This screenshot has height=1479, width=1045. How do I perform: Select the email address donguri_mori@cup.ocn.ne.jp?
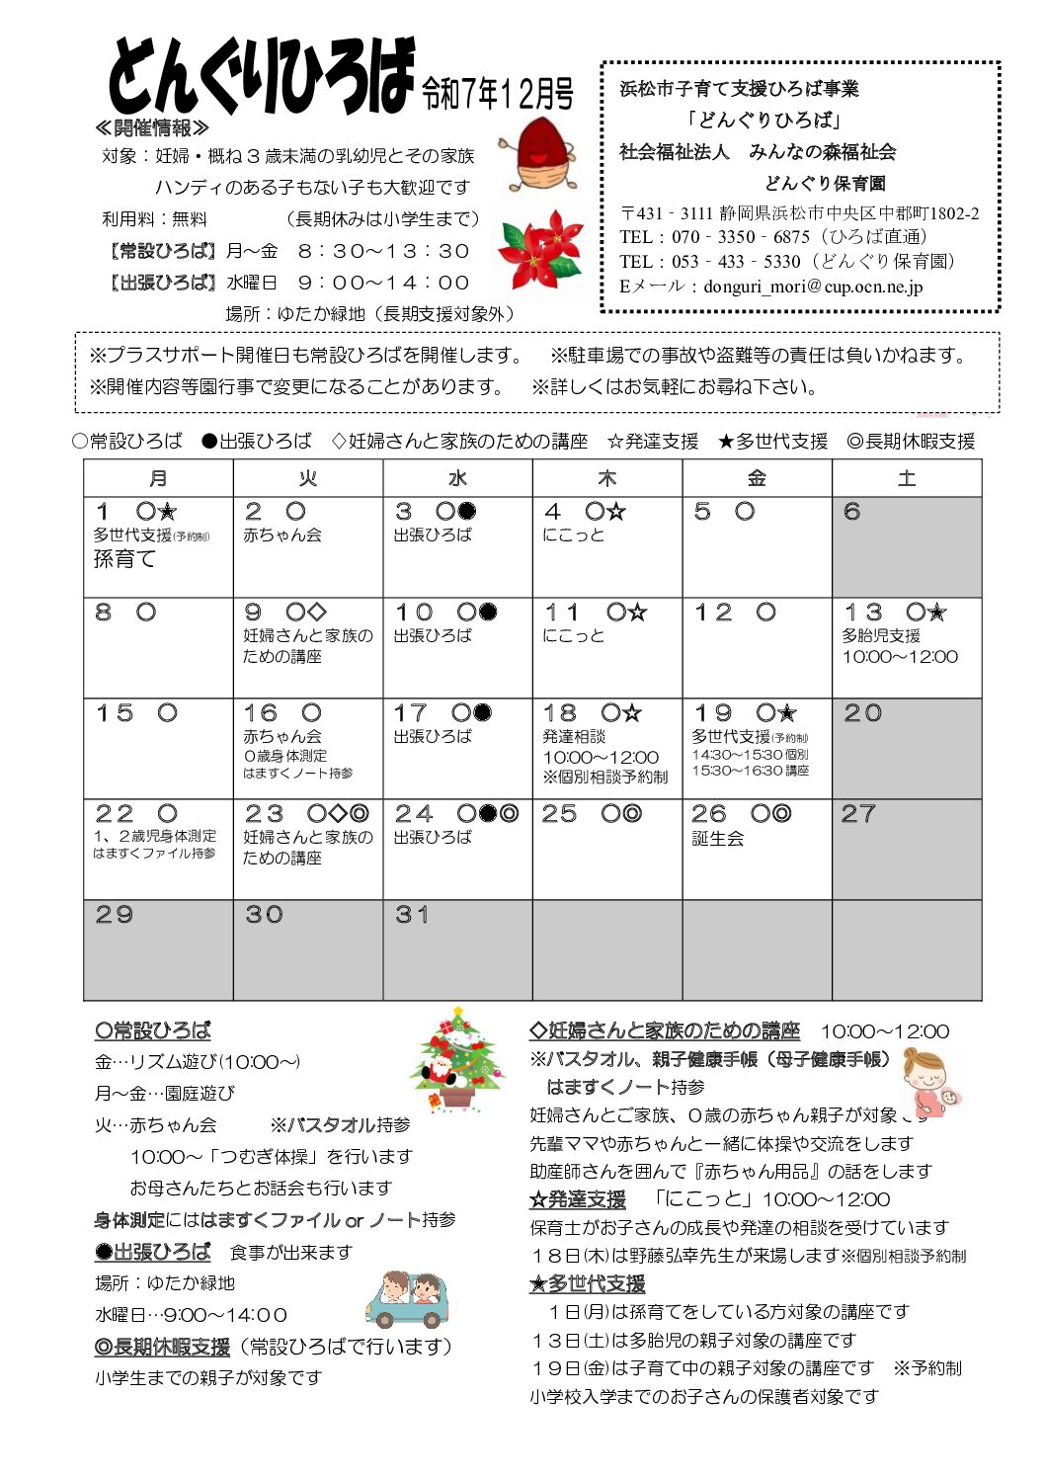click(813, 287)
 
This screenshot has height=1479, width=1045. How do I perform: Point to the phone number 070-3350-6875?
click(742, 237)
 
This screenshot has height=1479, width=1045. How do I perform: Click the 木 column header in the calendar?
click(606, 479)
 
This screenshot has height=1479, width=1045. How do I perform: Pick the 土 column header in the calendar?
click(906, 479)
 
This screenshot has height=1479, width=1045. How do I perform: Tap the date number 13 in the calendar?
click(862, 613)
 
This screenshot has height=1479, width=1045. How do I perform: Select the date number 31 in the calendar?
click(412, 915)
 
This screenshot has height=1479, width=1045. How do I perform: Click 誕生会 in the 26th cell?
click(717, 839)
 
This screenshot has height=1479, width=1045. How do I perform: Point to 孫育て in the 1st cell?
click(124, 559)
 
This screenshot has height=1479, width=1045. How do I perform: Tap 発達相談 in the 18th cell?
click(574, 737)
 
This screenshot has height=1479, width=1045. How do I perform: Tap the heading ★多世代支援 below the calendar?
click(587, 1283)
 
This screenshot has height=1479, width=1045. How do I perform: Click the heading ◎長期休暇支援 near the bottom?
click(162, 1347)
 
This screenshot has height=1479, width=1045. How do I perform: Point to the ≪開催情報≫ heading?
click(152, 128)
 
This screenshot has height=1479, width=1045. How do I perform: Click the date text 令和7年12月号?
click(498, 94)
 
